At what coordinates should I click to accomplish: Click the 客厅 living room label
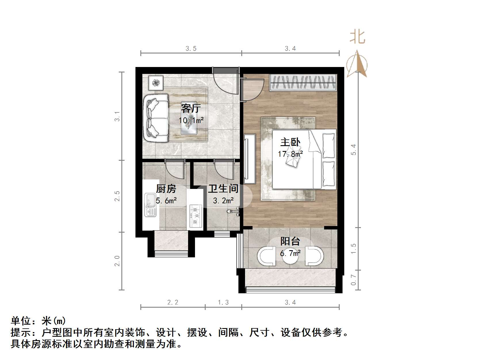tap(191, 109)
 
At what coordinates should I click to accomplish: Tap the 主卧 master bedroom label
tap(290, 142)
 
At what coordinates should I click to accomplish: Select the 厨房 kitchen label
tap(166, 189)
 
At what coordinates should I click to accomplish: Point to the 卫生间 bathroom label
tap(223, 189)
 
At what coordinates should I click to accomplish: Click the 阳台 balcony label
tap(290, 241)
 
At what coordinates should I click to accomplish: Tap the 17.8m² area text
tap(290, 154)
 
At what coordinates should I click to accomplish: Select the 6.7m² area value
tap(290, 253)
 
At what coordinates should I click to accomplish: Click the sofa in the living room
tap(157, 118)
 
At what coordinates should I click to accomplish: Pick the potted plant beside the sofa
tap(156, 83)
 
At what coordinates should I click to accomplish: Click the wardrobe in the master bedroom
tap(303, 83)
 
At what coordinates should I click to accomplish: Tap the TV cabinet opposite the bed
tap(250, 159)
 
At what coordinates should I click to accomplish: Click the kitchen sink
tap(150, 204)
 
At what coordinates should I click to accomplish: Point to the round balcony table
tap(290, 257)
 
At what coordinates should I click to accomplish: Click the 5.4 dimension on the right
tap(353, 150)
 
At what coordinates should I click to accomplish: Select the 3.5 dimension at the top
tap(191, 49)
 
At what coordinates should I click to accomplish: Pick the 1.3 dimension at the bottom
tap(223, 302)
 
